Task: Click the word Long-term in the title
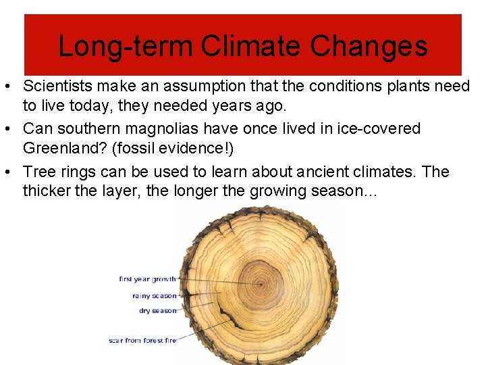125,47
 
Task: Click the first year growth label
147,279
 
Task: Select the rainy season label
154,295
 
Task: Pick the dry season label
157,311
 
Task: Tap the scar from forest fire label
142,340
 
